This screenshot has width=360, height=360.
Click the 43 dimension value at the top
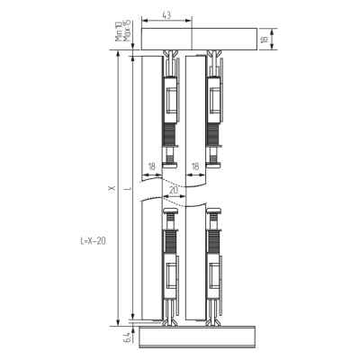[166, 15]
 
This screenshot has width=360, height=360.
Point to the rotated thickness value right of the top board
[265, 39]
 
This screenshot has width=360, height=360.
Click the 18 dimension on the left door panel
[152, 166]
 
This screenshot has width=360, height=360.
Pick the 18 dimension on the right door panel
[195, 166]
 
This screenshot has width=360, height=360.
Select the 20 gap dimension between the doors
[174, 191]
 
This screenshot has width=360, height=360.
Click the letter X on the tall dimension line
[112, 188]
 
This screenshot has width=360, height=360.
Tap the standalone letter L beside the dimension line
[130, 189]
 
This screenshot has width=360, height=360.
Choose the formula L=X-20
[93, 241]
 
